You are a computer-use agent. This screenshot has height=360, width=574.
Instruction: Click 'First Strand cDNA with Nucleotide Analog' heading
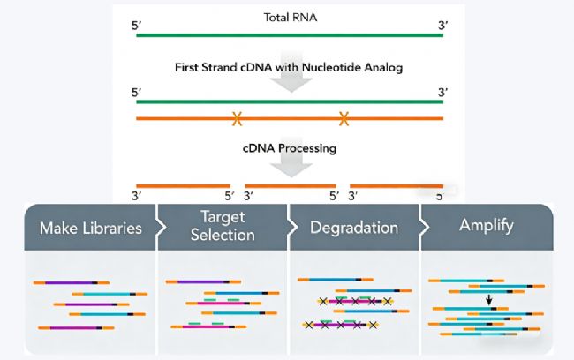pyautogui.click(x=290, y=67)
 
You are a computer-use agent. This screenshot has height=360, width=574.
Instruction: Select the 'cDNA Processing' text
pyautogui.click(x=290, y=148)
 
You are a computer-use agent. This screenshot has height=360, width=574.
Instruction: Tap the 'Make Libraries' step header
pyautogui.click(x=90, y=228)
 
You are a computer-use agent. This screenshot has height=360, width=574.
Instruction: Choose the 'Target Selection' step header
pyautogui.click(x=223, y=228)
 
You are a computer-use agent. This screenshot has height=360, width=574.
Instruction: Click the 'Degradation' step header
pyautogui.click(x=353, y=228)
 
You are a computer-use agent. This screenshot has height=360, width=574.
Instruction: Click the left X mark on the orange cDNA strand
pyautogui.click(x=237, y=117)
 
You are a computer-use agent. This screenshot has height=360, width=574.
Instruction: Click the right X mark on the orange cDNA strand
pyautogui.click(x=344, y=117)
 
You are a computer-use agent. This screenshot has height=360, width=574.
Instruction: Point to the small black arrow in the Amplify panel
pyautogui.click(x=488, y=300)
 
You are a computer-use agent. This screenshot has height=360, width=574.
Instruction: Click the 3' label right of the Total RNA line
pyautogui.click(x=442, y=19)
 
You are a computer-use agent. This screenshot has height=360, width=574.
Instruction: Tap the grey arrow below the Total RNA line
pyautogui.click(x=290, y=46)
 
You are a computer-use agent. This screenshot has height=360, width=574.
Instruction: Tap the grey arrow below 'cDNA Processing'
pyautogui.click(x=290, y=168)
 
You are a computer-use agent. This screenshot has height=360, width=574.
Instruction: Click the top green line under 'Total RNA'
pyautogui.click(x=290, y=35)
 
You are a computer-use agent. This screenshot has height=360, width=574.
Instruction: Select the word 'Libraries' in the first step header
pyautogui.click(x=111, y=228)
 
